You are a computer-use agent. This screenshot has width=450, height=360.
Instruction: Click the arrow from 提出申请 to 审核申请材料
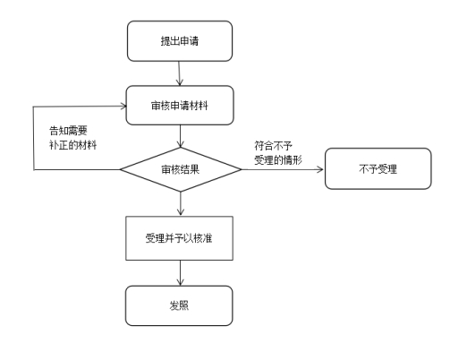click(x=179, y=73)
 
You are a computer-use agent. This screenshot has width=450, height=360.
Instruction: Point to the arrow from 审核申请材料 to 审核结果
click(x=180, y=136)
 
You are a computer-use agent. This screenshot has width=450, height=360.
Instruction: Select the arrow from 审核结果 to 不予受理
click(x=283, y=169)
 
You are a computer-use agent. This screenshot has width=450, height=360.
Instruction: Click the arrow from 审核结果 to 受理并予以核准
click(x=181, y=203)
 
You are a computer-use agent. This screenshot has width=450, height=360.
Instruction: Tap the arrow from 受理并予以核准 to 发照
click(x=180, y=273)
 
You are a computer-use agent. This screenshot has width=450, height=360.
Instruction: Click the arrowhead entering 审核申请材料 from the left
click(x=123, y=106)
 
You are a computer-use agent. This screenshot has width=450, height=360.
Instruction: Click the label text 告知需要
click(x=68, y=131)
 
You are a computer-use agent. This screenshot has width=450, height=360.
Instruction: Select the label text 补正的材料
click(x=73, y=145)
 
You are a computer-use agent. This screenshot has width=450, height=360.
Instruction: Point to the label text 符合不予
click(x=273, y=146)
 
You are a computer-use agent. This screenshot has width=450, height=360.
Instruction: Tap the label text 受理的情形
click(x=278, y=160)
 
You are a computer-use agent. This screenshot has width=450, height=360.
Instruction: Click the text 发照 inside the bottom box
click(x=179, y=305)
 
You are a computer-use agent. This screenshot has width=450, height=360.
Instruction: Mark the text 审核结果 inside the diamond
click(x=181, y=169)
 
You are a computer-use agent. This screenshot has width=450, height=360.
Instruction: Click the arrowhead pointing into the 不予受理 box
click(x=320, y=169)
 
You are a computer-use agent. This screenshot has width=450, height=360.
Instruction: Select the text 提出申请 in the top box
click(x=180, y=41)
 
